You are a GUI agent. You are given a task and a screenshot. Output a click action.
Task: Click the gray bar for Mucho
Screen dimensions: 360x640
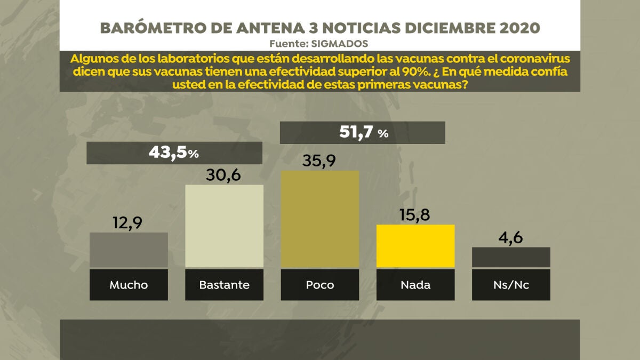pyautogui.click(x=129, y=250)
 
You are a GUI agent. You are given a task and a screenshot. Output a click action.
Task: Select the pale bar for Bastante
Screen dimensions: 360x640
pyautogui.click(x=224, y=226)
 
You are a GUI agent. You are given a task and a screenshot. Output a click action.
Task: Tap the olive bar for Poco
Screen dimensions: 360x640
pyautogui.click(x=320, y=219)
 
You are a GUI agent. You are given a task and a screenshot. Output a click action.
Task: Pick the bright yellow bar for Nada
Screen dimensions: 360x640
pyautogui.click(x=415, y=246)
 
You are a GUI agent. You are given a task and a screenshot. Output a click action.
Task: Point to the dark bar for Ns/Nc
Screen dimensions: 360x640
pyautogui.click(x=511, y=257)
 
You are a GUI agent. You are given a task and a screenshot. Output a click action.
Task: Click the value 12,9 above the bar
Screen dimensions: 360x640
pyautogui.click(x=129, y=222)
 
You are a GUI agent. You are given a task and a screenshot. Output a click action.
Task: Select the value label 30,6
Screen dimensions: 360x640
pyautogui.click(x=224, y=174)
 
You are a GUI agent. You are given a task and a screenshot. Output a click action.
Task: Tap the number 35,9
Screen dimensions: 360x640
pyautogui.click(x=320, y=159)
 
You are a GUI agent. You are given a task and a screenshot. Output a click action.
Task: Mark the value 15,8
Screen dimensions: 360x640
pyautogui.click(x=415, y=214)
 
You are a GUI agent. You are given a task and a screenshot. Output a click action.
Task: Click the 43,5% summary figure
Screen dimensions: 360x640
pyautogui.click(x=174, y=153)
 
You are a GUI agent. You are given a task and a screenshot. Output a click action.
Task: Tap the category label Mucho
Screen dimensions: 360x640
pyautogui.click(x=129, y=285)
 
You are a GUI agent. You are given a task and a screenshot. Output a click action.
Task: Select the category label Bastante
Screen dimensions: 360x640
pyautogui.click(x=224, y=285)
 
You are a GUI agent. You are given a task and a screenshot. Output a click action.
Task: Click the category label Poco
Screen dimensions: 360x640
pyautogui.click(x=320, y=285)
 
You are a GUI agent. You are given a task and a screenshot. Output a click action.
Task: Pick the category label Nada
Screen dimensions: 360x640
pyautogui.click(x=415, y=285)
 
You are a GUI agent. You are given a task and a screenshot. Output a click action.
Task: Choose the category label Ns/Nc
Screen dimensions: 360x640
pyautogui.click(x=511, y=285)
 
